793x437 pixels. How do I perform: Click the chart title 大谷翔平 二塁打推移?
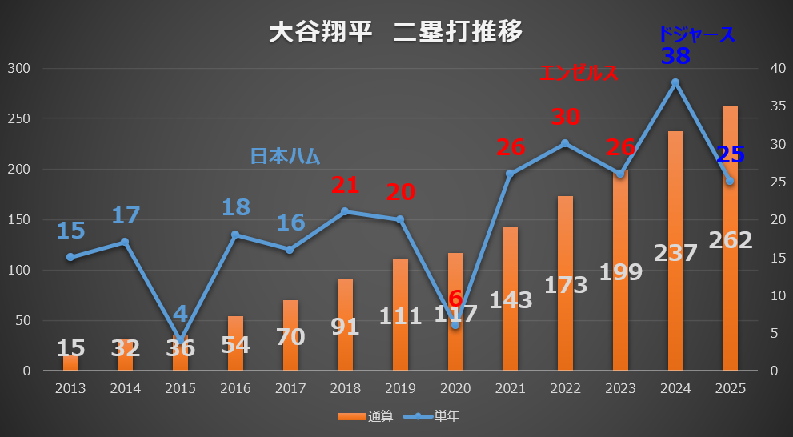pos(396,31)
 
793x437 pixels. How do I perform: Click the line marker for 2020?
pos(455,325)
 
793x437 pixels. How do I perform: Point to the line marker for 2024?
pos(675,82)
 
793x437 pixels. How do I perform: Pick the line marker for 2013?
pos(70,257)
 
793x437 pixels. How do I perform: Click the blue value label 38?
pos(675,56)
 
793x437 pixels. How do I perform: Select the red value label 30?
pos(565,117)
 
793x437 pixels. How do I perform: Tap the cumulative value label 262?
pos(730,240)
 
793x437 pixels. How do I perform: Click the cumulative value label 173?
pos(565,284)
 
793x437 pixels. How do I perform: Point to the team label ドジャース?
pos(696,34)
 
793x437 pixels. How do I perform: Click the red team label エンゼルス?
pos(579,73)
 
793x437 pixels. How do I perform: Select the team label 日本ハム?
pos(286,156)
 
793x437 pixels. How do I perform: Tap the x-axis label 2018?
pos(345,388)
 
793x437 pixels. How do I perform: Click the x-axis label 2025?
pos(730,388)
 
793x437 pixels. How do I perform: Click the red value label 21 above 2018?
pos(345,185)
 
